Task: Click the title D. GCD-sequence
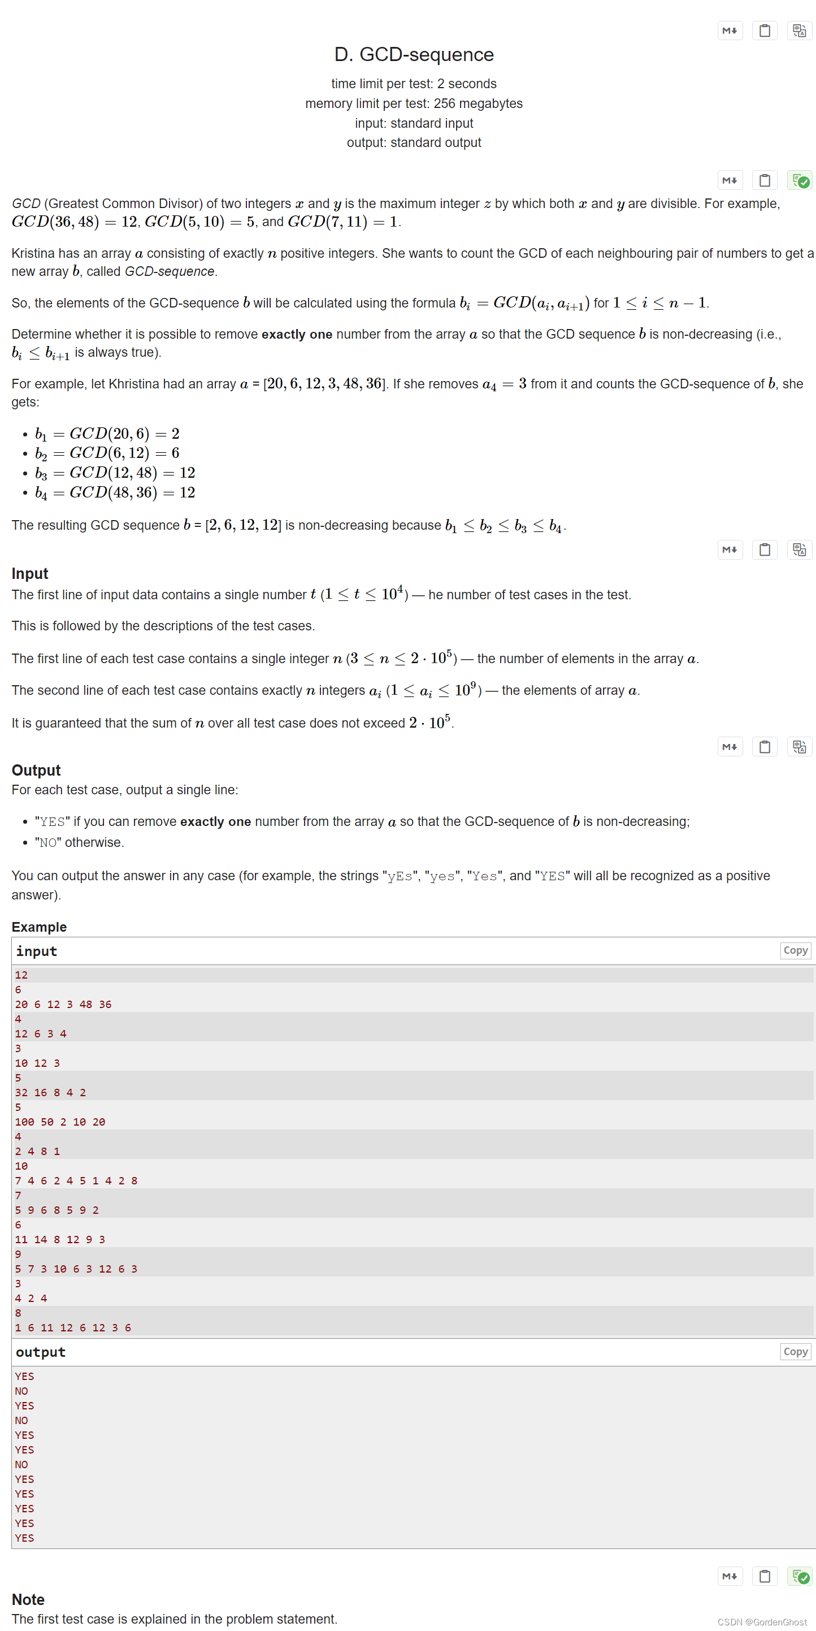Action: click(x=414, y=54)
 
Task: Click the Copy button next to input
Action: click(x=795, y=950)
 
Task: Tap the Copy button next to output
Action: click(x=795, y=1351)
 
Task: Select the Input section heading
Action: click(x=30, y=573)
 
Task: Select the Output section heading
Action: click(x=36, y=770)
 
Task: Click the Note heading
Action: click(x=28, y=1599)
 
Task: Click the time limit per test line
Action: click(x=414, y=84)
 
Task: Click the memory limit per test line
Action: click(x=414, y=103)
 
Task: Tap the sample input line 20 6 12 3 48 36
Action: click(x=63, y=1004)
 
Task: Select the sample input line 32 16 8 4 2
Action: click(x=51, y=1092)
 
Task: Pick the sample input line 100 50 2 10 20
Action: click(x=60, y=1121)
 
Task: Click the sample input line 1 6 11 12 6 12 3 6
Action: click(x=73, y=1327)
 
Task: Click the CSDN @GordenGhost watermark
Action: click(x=762, y=1621)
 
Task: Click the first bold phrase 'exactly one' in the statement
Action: click(x=296, y=334)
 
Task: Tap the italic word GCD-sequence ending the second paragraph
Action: click(x=170, y=271)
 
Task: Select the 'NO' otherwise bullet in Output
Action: click(x=79, y=842)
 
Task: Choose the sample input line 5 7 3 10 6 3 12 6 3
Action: click(x=76, y=1268)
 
